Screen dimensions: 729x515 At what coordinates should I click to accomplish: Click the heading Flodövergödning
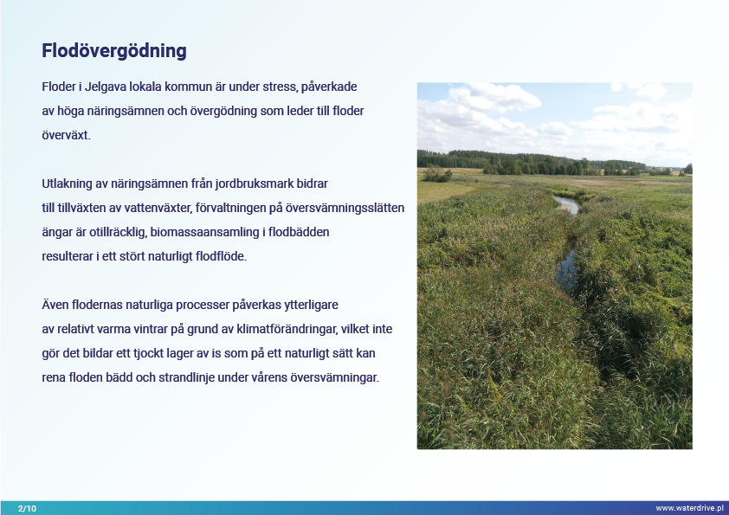coord(114,51)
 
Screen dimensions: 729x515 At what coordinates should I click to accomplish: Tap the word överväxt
coord(66,135)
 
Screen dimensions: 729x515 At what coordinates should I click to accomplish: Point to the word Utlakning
coord(67,183)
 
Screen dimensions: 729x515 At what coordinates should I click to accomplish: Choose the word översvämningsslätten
coord(345,208)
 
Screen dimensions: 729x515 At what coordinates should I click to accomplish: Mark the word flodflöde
coord(221,256)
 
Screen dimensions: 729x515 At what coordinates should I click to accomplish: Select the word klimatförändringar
coord(287,329)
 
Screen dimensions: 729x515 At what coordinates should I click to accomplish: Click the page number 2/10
coord(27,508)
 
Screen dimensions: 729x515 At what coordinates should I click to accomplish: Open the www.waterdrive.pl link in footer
coord(689,508)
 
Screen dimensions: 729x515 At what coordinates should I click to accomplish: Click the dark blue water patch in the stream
coord(566,268)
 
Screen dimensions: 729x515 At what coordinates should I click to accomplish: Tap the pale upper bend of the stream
coord(567,204)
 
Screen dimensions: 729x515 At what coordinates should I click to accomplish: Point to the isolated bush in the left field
coord(437,175)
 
